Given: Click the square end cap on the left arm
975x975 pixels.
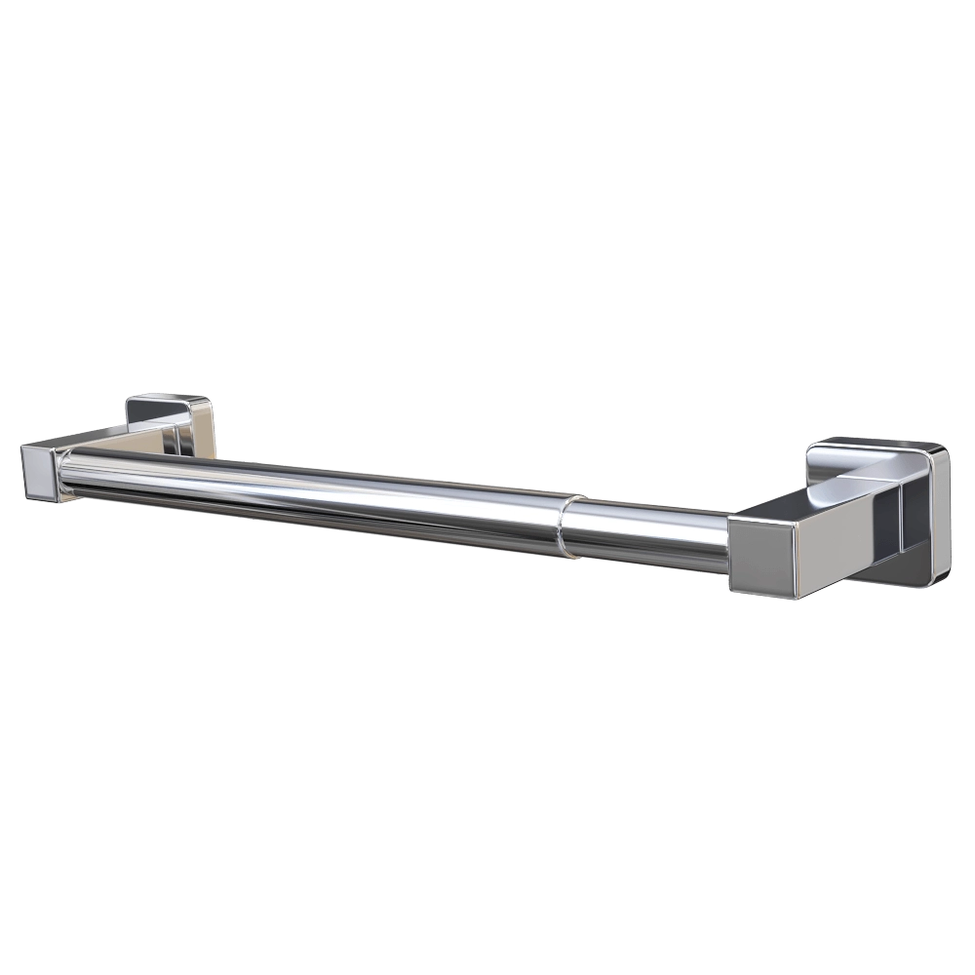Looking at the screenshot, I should click(39, 471).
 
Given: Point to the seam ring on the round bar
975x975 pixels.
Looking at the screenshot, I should click(565, 526).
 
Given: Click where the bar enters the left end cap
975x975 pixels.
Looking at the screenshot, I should click(63, 474).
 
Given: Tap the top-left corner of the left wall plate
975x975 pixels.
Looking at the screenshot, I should click(130, 398).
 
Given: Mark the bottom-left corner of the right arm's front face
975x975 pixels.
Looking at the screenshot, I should click(731, 589).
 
